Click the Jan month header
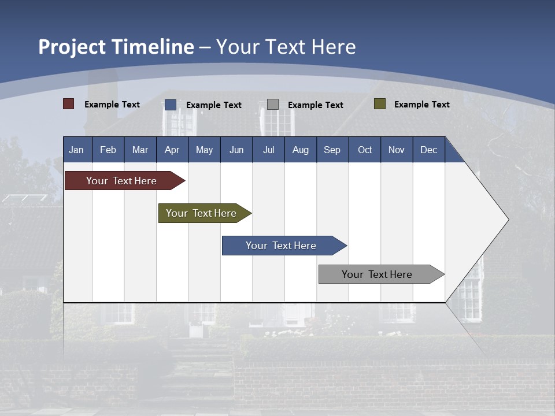(76, 150)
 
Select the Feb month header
(108, 150)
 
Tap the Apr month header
(172, 150)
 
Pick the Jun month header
(236, 150)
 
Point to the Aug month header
(300, 150)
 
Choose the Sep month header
(332, 150)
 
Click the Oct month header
(365, 150)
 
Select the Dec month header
(428, 150)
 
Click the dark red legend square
(69, 104)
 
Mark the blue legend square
(171, 105)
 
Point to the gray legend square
(273, 105)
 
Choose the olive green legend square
(380, 104)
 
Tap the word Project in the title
(72, 47)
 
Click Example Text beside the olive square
(421, 104)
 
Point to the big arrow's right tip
(507, 220)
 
